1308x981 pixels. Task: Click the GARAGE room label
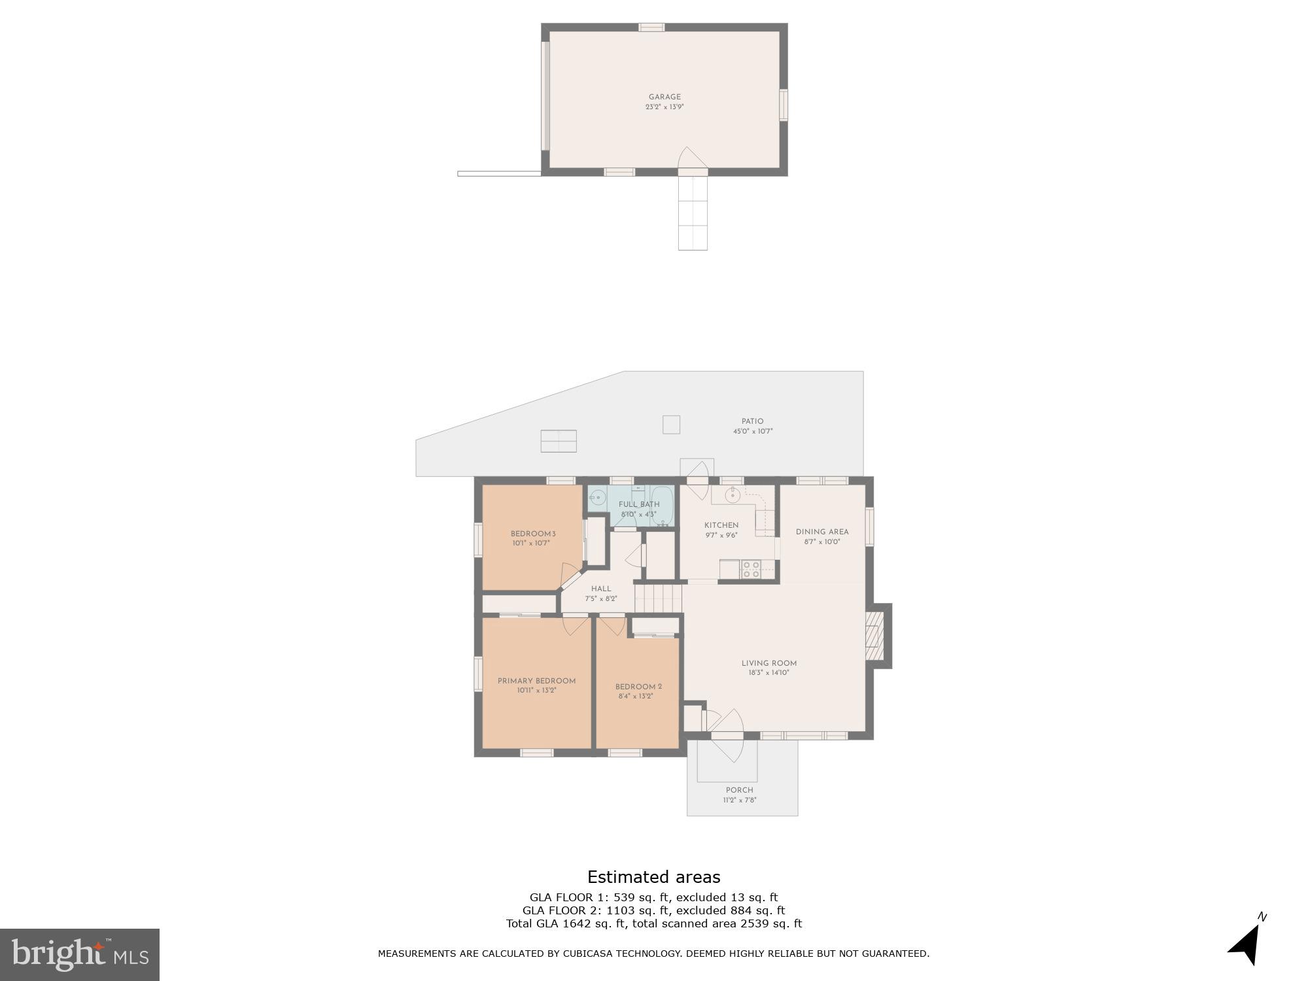(x=664, y=97)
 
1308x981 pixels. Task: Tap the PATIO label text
(x=752, y=422)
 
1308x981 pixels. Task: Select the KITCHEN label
(x=721, y=525)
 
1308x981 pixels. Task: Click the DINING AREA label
(x=822, y=532)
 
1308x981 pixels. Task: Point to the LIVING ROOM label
(x=768, y=663)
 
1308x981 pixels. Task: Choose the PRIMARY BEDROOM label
(x=536, y=681)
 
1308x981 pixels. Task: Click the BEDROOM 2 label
(x=638, y=687)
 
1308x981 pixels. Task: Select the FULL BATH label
(x=639, y=504)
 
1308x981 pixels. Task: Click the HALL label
(x=600, y=589)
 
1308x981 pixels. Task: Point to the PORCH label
(x=739, y=790)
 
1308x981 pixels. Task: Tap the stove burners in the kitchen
(x=750, y=570)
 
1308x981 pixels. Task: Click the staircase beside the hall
(x=659, y=598)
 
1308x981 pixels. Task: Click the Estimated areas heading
(x=653, y=877)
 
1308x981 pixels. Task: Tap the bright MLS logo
(x=79, y=955)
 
